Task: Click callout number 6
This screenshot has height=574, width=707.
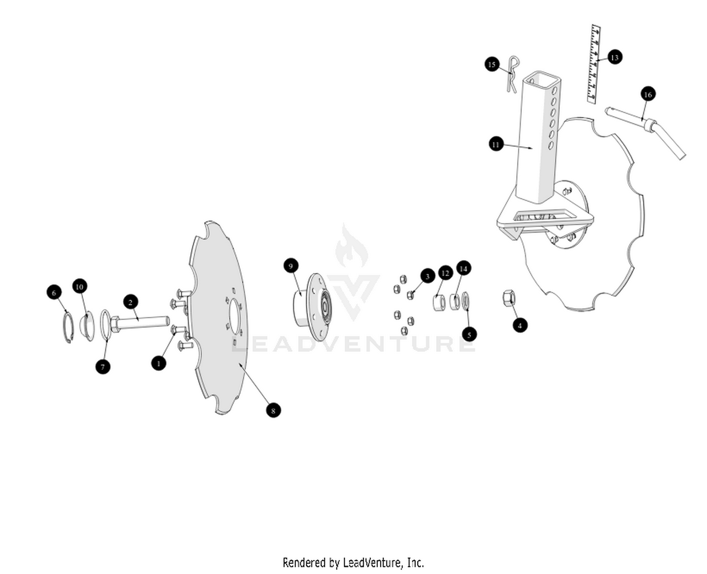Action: (x=54, y=292)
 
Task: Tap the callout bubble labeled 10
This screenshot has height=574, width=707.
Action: (x=79, y=287)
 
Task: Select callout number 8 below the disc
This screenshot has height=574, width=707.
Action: (x=273, y=410)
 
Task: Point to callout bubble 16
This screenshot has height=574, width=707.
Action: (x=648, y=94)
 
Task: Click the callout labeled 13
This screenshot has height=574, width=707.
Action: (x=614, y=57)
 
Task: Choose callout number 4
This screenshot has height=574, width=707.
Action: (x=520, y=325)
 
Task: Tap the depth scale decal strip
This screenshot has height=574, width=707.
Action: (x=594, y=64)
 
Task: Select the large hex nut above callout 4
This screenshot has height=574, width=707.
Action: (x=509, y=298)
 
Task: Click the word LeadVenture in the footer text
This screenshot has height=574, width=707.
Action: (x=373, y=563)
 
